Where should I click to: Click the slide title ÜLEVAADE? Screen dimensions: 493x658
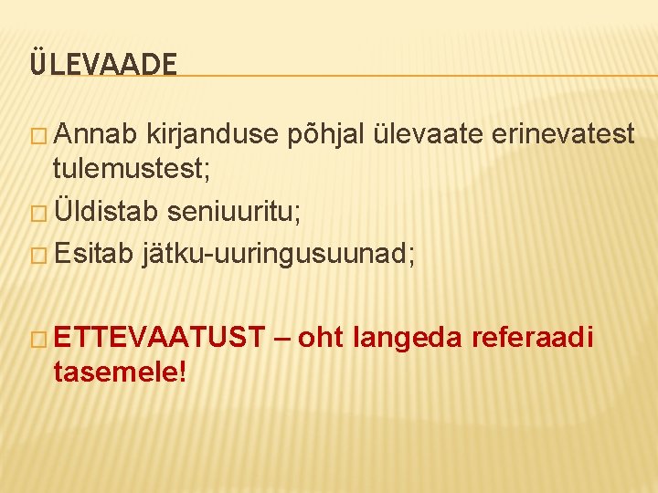tap(102, 64)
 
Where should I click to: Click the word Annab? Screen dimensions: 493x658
tap(95, 134)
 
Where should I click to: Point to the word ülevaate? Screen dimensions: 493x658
tap(430, 134)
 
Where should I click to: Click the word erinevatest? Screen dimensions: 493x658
tap(563, 134)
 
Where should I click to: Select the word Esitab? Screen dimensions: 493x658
tap(94, 255)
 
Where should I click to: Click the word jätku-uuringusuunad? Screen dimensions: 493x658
tap(279, 256)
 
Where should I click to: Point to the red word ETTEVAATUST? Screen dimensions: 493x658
tap(158, 338)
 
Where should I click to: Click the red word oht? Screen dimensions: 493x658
tap(320, 338)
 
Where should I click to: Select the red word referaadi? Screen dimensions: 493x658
tap(532, 338)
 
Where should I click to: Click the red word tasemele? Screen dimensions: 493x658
tap(120, 371)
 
